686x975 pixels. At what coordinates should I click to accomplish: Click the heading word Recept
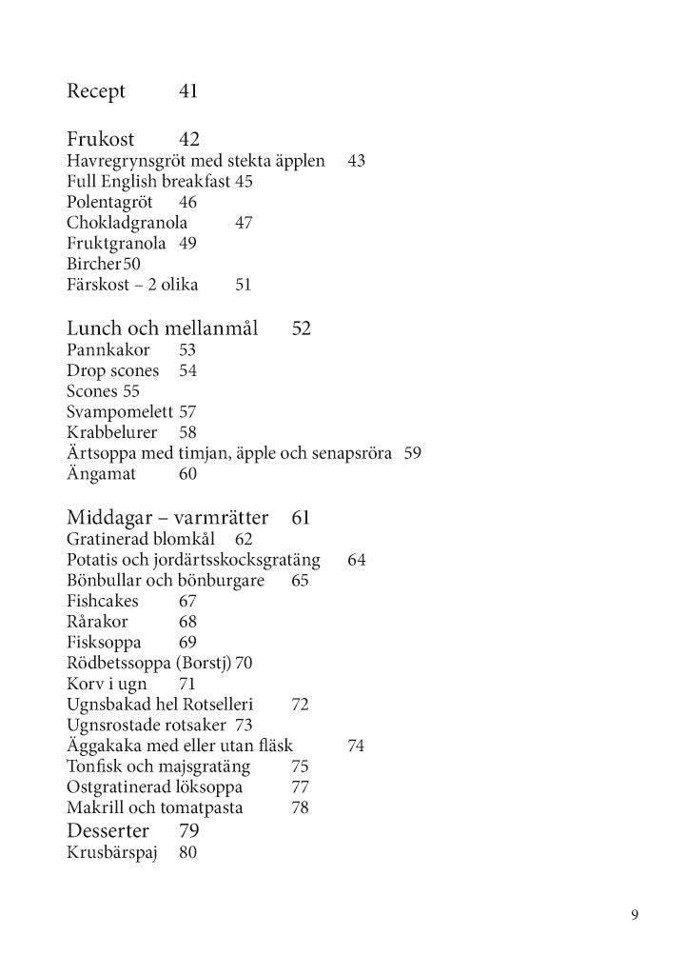(x=96, y=92)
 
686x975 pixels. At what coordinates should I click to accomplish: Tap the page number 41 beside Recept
(x=187, y=92)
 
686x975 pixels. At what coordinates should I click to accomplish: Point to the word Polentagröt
(x=109, y=202)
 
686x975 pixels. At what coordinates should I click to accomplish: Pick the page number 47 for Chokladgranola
(x=243, y=223)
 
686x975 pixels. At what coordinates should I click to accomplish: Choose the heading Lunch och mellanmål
(x=163, y=329)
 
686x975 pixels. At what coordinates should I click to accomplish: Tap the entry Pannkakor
(x=108, y=350)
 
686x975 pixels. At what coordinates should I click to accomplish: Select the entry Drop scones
(x=113, y=370)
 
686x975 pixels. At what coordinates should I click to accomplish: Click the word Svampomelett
(x=120, y=411)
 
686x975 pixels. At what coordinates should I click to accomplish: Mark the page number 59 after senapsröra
(x=412, y=452)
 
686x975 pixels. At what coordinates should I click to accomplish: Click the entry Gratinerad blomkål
(x=141, y=539)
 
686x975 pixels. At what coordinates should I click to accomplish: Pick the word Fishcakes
(x=103, y=601)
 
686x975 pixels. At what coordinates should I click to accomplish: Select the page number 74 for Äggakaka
(x=356, y=746)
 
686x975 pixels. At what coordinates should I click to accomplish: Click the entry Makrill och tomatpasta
(x=155, y=808)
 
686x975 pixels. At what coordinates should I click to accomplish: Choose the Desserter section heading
(x=108, y=831)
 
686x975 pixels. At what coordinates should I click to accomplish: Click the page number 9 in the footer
(x=634, y=916)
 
